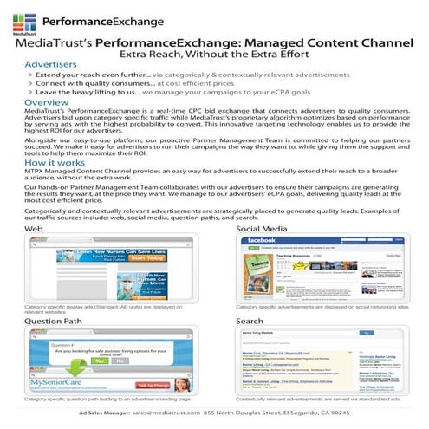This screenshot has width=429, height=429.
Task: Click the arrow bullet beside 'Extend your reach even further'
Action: [x=29, y=76]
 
